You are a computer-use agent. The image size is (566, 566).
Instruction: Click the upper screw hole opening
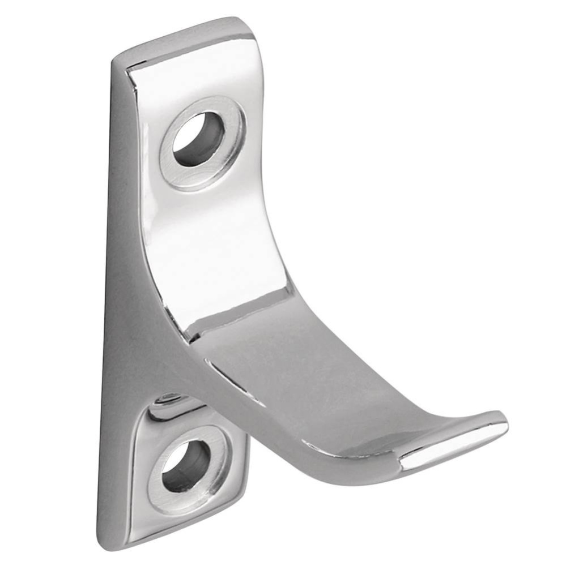click(x=199, y=139)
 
